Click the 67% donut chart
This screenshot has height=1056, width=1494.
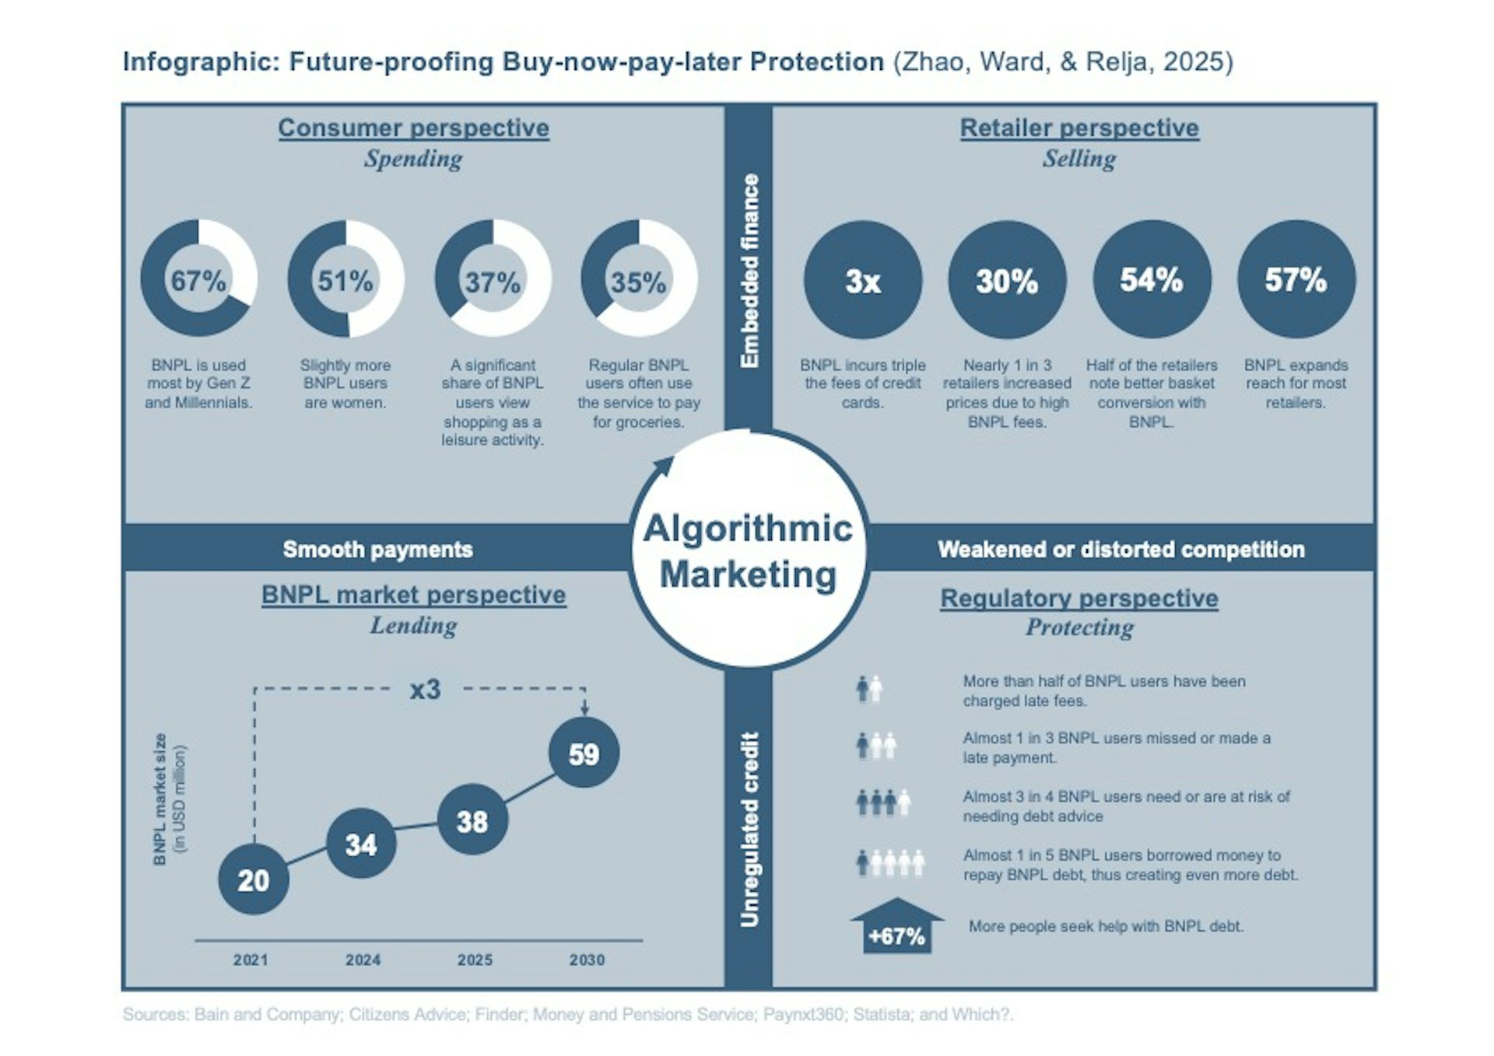(x=198, y=278)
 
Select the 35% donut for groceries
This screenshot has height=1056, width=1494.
(x=639, y=278)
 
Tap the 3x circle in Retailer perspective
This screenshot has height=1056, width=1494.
(x=862, y=279)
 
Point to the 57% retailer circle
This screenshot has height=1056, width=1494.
(x=1296, y=279)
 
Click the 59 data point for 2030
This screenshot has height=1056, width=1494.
(x=584, y=753)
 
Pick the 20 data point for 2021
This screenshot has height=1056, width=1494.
(x=254, y=879)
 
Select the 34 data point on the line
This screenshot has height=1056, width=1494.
(x=361, y=844)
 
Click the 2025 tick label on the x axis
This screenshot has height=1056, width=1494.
(x=475, y=960)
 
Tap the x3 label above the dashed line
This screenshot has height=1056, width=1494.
(x=426, y=689)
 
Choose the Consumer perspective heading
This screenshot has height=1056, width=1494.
(x=413, y=128)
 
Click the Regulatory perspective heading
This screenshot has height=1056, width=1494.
(x=1078, y=598)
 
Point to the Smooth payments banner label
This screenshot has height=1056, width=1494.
(x=377, y=549)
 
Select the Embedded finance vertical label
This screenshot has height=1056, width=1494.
(x=749, y=270)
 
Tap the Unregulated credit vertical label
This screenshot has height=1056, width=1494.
(x=749, y=829)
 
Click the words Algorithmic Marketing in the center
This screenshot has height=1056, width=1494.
(x=748, y=551)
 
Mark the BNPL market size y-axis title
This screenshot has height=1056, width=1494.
(x=168, y=799)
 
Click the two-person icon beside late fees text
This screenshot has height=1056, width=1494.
(x=869, y=689)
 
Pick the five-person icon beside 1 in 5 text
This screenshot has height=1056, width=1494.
(x=890, y=862)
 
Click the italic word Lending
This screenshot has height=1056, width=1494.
(x=413, y=625)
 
